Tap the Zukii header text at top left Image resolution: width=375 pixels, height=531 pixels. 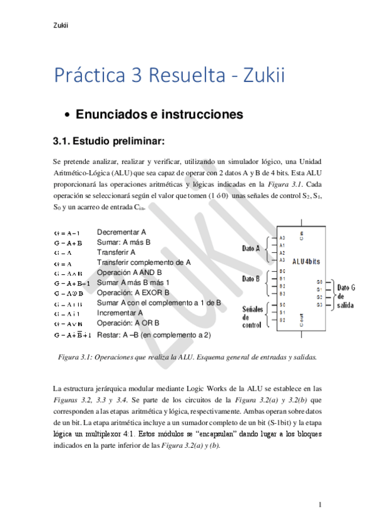point(61,25)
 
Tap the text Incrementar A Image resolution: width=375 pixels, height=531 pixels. point(120,312)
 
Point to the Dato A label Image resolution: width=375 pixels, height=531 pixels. point(251,249)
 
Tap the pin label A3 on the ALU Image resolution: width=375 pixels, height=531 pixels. point(282,259)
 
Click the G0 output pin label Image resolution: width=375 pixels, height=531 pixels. point(319,282)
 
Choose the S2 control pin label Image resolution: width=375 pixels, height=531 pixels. point(282,320)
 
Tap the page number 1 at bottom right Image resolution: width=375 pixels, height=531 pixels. point(320,505)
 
